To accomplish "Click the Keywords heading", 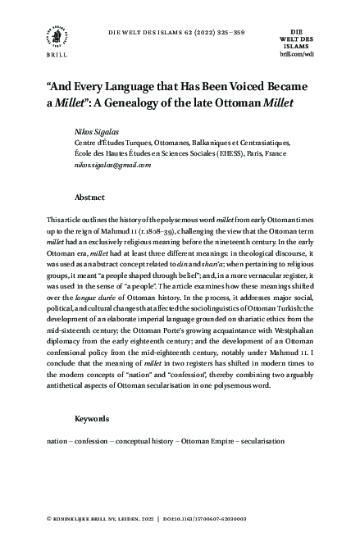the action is (91, 418).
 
